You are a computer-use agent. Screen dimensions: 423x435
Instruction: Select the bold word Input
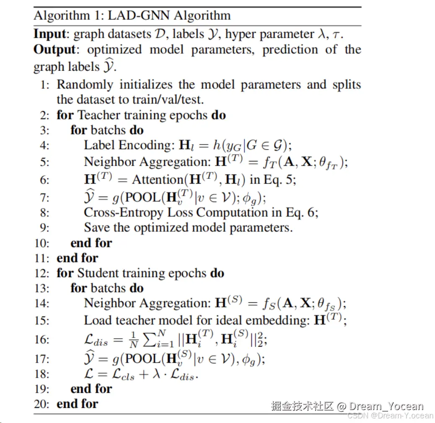[x=49, y=34]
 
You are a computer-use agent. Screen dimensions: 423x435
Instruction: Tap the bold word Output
[x=54, y=49]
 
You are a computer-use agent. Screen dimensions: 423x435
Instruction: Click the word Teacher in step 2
[x=100, y=115]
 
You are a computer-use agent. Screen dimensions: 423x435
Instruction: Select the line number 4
[x=45, y=145]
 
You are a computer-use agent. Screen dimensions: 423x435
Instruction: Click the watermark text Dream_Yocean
[x=386, y=406]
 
